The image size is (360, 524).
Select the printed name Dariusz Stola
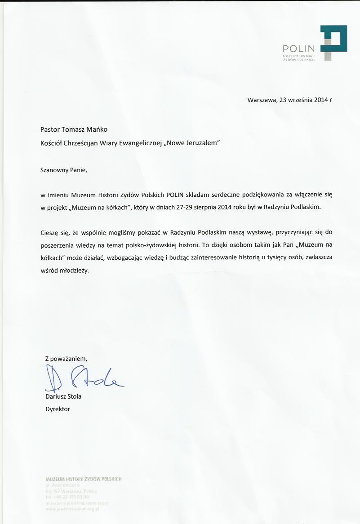click(x=63, y=396)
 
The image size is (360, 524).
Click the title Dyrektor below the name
click(x=58, y=409)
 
